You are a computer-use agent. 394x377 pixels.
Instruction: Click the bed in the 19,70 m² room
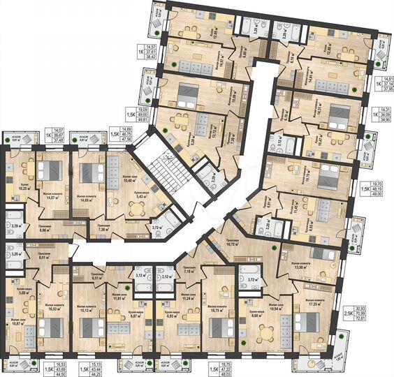tap(326, 175)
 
